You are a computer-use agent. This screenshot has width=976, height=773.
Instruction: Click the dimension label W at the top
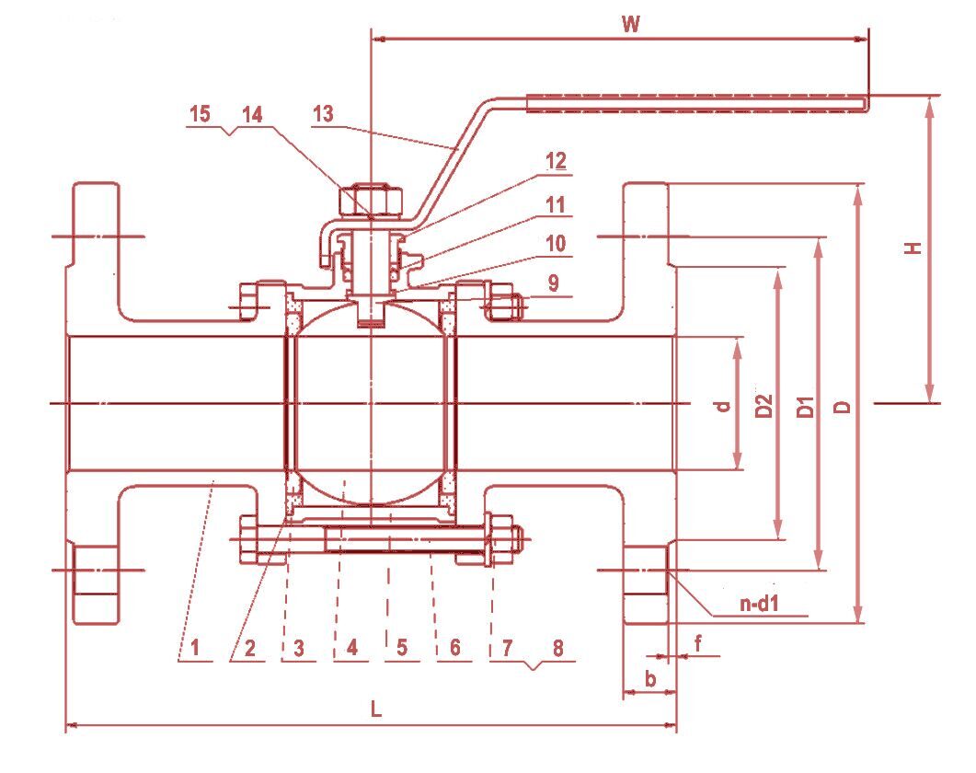coord(630,24)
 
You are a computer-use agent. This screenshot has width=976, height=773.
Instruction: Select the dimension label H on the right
coord(913,248)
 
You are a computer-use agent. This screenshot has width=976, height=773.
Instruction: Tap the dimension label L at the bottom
coord(376,709)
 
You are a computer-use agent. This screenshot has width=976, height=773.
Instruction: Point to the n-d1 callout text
coord(760,603)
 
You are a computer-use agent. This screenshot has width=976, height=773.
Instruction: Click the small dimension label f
coord(698,643)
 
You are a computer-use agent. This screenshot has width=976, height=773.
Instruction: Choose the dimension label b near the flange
coord(650,678)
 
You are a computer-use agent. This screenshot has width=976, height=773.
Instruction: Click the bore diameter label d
coord(722,406)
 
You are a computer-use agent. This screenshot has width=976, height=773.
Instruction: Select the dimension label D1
coord(806,406)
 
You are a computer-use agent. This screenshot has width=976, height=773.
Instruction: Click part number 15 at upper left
coord(200,114)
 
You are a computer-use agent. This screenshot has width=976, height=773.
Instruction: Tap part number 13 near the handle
coord(323,114)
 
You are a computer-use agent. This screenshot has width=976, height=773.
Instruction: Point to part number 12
coord(556,160)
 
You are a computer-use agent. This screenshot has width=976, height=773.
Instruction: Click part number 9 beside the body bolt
coord(554,283)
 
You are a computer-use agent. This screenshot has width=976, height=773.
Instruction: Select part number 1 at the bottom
coord(195,647)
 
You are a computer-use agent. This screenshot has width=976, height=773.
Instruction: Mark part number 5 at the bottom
coord(401,647)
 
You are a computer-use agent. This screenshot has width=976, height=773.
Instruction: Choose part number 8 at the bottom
coord(557,647)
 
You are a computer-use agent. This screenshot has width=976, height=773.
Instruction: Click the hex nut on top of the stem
coord(371,200)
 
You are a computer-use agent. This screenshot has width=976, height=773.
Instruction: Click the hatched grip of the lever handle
coord(697,104)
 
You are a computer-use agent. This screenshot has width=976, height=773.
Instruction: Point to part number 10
coord(556,243)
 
